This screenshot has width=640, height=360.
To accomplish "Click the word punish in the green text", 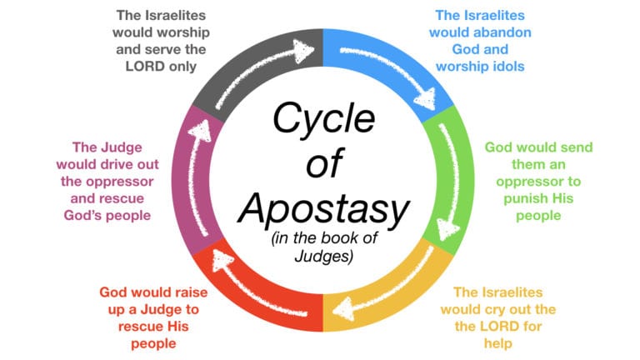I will (x=528, y=198).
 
